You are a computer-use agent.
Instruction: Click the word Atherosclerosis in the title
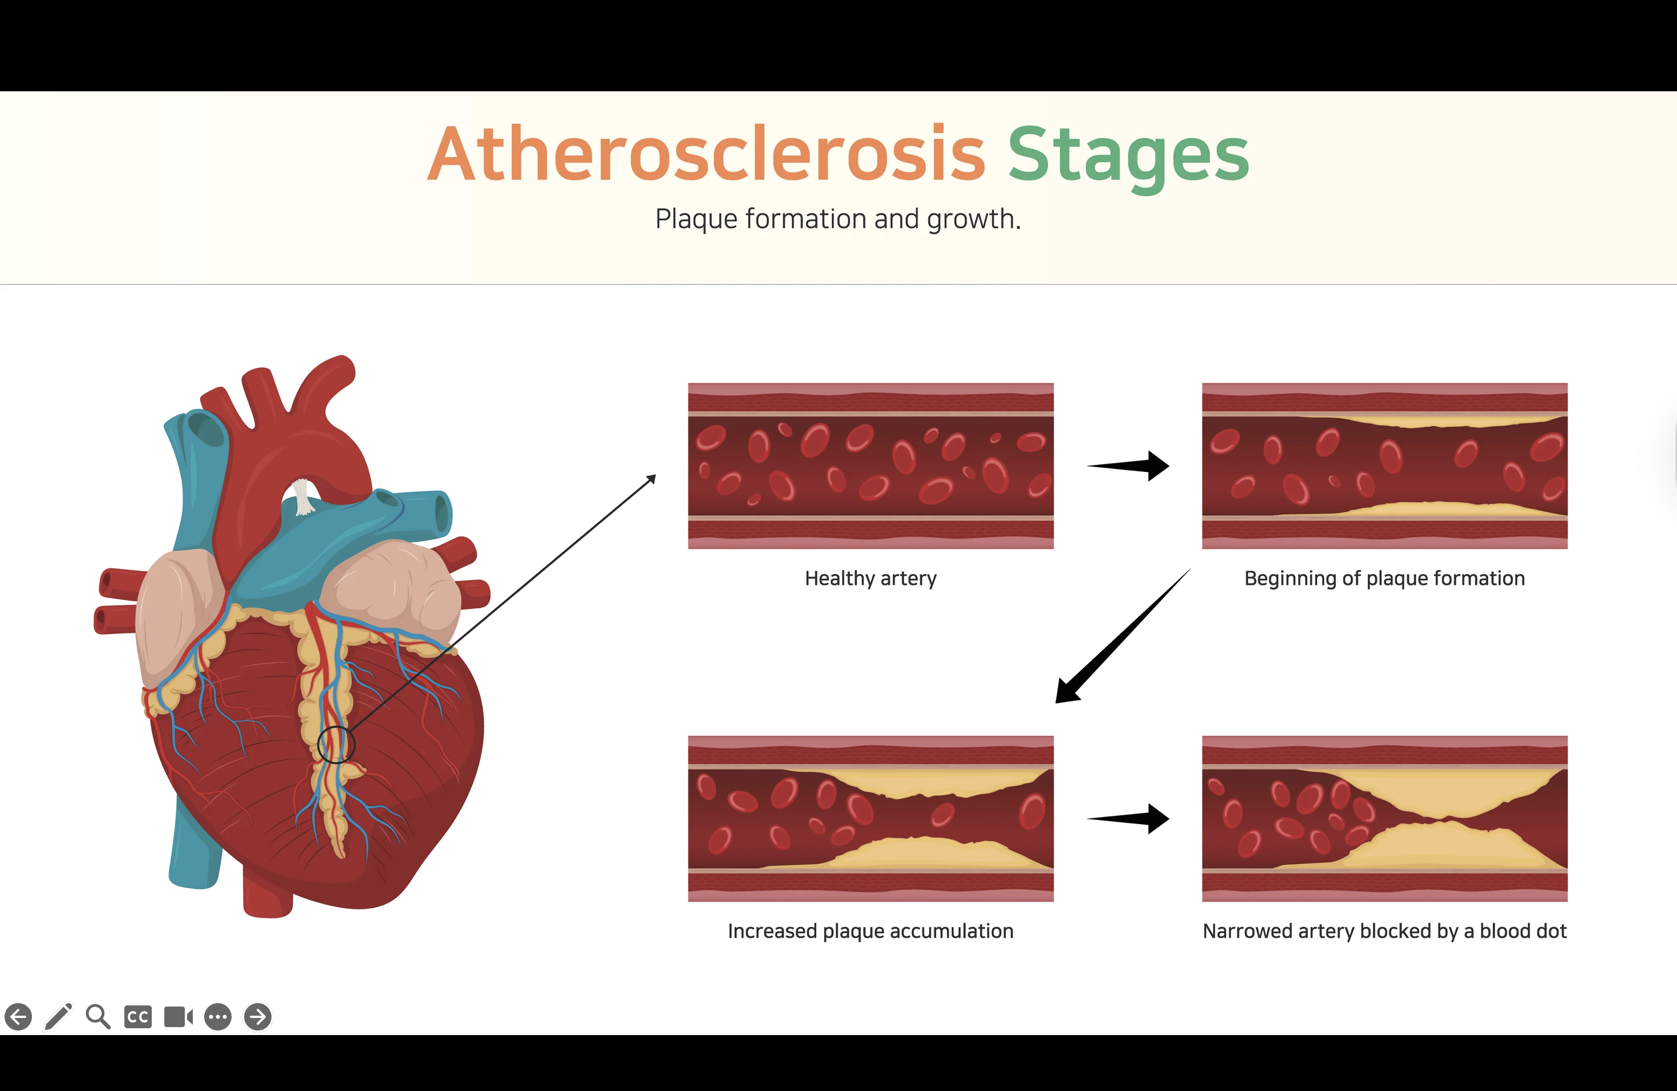(706, 154)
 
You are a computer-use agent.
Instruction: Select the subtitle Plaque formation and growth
(838, 219)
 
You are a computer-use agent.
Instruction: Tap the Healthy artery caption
(870, 579)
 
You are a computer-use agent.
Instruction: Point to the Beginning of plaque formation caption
(1384, 579)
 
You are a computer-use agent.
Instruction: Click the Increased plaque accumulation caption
(870, 932)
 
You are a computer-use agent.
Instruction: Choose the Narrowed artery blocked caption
(1384, 932)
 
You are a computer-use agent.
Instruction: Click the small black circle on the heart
(336, 744)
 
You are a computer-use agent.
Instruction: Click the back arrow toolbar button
(18, 1016)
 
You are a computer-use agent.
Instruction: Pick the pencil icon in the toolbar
(59, 1016)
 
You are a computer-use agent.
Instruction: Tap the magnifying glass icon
(98, 1016)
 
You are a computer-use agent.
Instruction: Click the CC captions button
(138, 1017)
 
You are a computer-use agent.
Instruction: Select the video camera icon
(179, 1017)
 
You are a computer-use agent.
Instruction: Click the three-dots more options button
(218, 1017)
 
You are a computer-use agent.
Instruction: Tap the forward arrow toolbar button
(258, 1016)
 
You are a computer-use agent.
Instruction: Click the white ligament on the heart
(303, 497)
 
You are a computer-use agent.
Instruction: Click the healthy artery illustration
(870, 466)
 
